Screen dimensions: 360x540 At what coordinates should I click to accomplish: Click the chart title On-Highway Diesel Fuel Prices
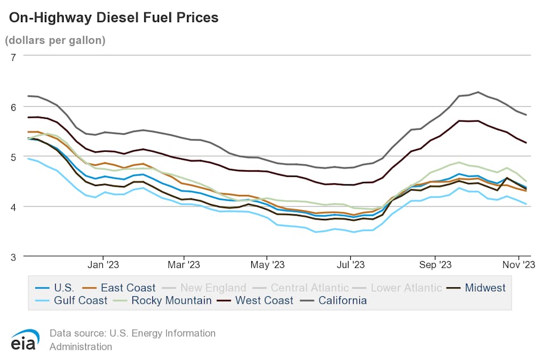(x=113, y=18)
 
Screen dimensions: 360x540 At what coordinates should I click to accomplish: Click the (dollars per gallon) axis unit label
(x=55, y=40)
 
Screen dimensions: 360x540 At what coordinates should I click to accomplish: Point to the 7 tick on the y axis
(x=13, y=56)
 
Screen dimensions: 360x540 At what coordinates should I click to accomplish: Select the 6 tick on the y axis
(x=13, y=106)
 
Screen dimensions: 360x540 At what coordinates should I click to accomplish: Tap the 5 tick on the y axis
(x=13, y=156)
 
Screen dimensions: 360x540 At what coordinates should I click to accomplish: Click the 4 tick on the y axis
(x=13, y=206)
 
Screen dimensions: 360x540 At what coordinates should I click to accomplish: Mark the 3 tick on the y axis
(x=13, y=256)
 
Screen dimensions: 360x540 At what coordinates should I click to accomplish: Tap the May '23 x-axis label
(x=268, y=265)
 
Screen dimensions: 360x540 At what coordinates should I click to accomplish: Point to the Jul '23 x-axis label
(x=351, y=265)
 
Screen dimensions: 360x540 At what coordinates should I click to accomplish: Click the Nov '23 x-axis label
(x=518, y=265)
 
